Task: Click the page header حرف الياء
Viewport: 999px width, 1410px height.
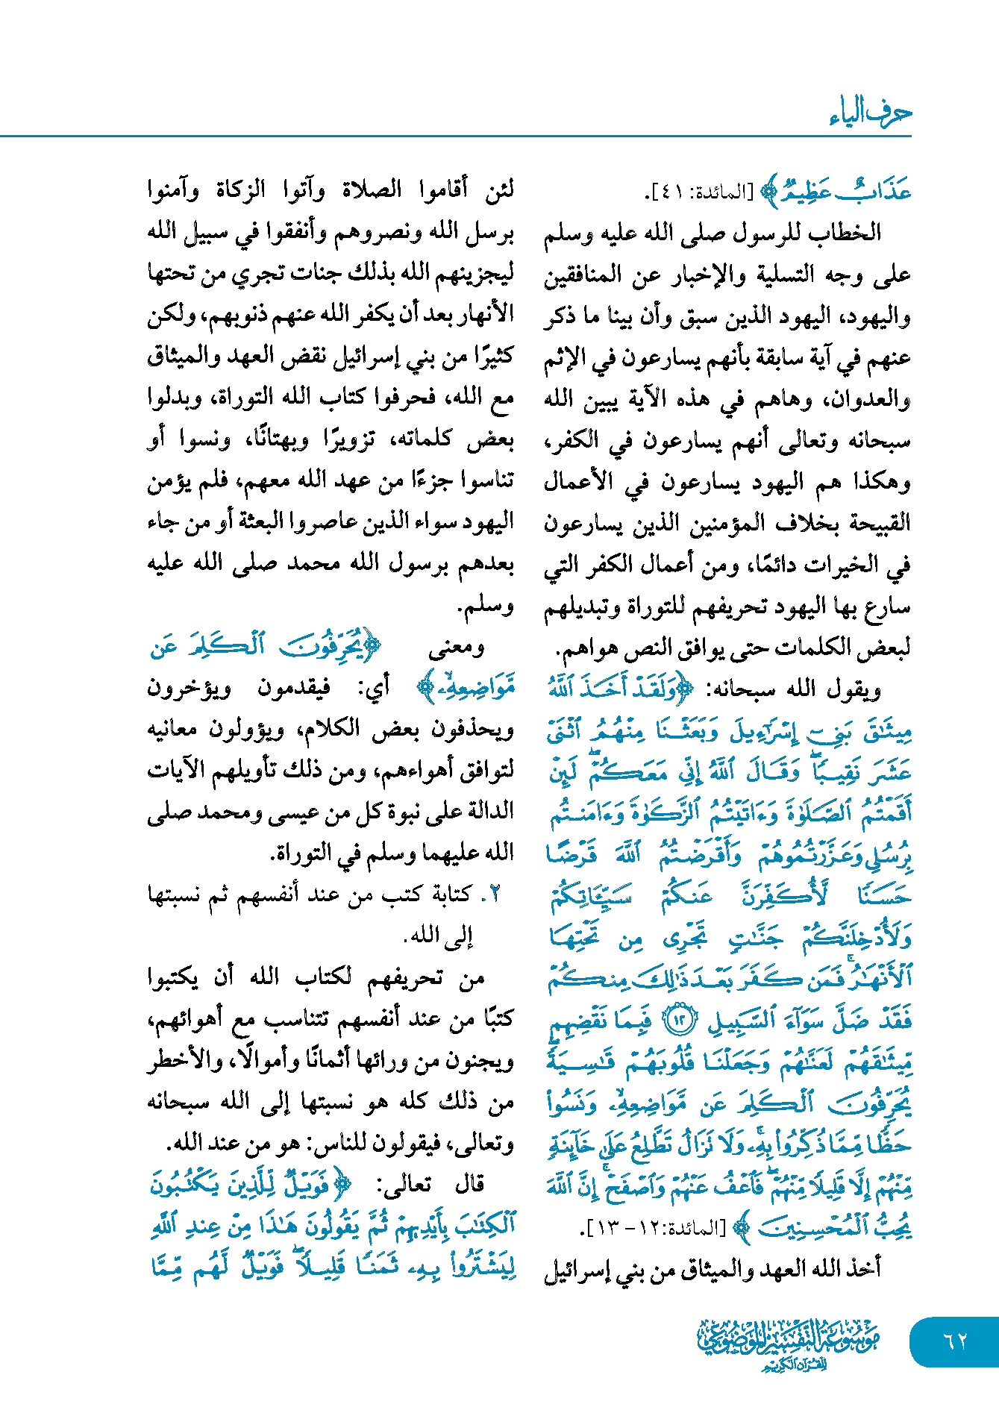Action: [x=870, y=113]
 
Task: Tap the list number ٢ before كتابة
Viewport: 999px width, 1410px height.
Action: [x=493, y=894]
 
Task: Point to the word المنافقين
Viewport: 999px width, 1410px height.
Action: [x=582, y=275]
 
